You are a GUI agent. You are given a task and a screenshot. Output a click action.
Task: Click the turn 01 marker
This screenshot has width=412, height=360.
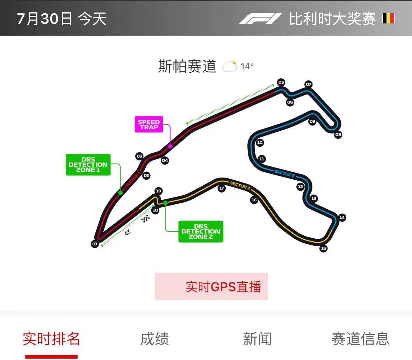point(95,244)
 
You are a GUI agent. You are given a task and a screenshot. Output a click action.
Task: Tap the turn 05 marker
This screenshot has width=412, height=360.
point(281,82)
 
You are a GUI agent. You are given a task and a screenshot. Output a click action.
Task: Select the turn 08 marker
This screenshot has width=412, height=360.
point(338,135)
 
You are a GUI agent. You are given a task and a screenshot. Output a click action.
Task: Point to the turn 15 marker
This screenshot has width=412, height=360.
point(324,248)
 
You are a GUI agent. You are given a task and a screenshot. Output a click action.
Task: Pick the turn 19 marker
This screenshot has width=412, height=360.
point(158,191)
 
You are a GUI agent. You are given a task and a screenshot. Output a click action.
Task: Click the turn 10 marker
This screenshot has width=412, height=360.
point(260,142)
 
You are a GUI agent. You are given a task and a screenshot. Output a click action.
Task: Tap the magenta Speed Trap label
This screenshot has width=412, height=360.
point(149,124)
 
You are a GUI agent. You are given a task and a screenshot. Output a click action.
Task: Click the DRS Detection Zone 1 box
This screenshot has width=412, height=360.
point(88,165)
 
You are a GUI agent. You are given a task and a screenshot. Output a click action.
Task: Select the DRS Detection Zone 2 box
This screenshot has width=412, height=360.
point(201,231)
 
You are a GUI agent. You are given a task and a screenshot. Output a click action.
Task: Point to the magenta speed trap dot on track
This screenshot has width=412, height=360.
point(170,146)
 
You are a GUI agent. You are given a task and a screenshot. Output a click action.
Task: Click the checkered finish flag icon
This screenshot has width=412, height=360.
point(146,219)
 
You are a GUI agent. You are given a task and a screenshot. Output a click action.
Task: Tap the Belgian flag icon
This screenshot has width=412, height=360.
point(388,19)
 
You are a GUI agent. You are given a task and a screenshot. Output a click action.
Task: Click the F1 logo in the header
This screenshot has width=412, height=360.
point(261,19)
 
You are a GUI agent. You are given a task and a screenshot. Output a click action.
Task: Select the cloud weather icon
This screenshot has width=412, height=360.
point(229,66)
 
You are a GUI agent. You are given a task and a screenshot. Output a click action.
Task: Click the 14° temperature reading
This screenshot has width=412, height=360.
point(247,66)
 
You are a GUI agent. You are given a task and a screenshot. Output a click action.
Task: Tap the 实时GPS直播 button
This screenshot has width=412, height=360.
point(211,286)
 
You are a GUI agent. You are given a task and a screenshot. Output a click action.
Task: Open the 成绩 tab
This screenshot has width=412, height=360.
point(154,339)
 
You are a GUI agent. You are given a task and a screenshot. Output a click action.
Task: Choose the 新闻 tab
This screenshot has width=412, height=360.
point(257,339)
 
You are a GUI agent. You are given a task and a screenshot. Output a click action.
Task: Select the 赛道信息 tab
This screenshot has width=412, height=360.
point(360,339)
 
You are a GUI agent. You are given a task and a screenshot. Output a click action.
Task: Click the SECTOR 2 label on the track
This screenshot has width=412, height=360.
point(284,173)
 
